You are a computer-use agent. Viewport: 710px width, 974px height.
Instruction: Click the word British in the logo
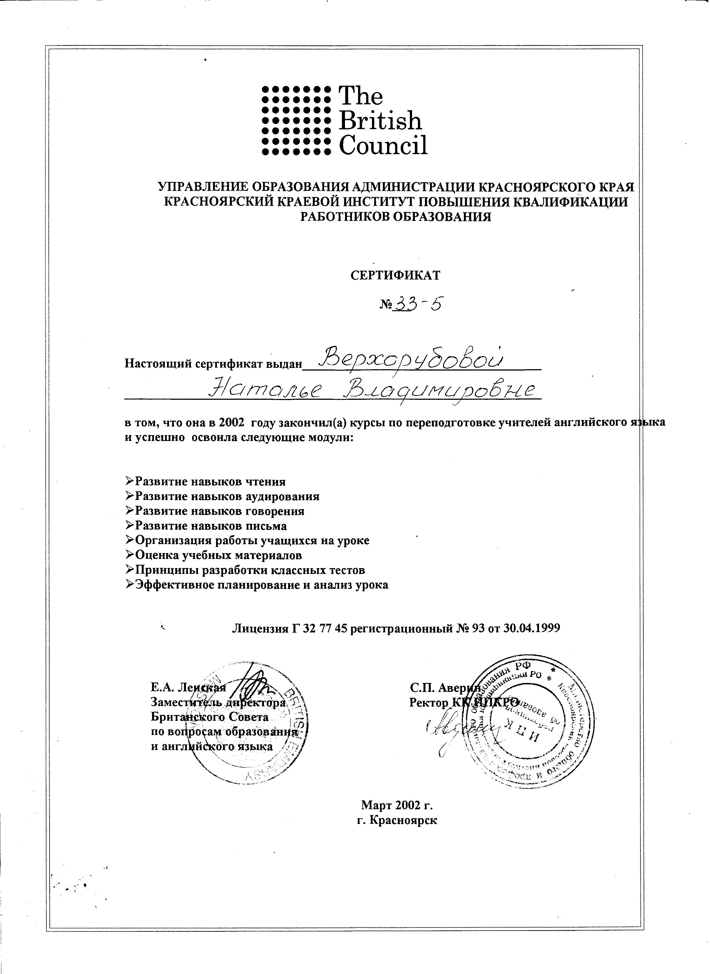pyautogui.click(x=380, y=121)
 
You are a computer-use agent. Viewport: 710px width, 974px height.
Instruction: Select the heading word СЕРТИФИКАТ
pyautogui.click(x=395, y=275)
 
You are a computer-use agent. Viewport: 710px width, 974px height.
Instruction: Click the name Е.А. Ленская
pyautogui.click(x=188, y=687)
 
